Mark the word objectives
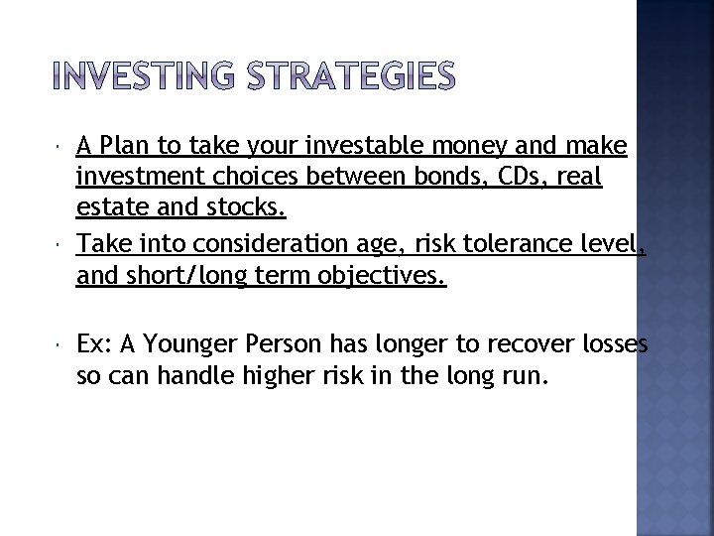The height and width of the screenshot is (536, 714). [x=376, y=277]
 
